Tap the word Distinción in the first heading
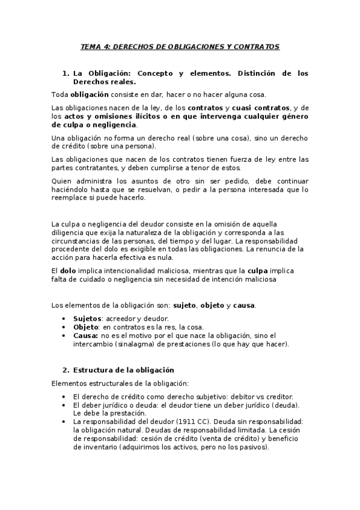point(248,73)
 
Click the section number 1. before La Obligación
point(66,73)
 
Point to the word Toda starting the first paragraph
point(60,94)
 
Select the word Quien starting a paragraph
point(62,180)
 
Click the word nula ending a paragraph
point(157,257)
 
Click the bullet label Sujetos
point(87,318)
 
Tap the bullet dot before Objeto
point(65,327)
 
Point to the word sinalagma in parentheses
point(125,344)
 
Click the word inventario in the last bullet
point(99,447)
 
